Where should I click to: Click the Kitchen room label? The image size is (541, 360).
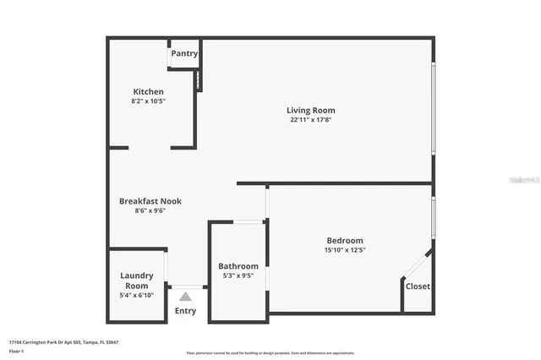tap(148, 91)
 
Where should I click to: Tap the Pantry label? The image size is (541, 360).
tap(184, 54)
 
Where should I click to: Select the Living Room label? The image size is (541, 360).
tap(311, 110)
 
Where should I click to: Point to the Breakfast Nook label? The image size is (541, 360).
tap(150, 201)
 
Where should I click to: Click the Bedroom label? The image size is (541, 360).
tap(344, 240)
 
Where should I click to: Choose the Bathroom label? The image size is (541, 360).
tap(238, 266)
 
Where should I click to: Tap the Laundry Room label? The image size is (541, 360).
tap(137, 281)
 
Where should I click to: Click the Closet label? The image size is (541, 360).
tap(418, 286)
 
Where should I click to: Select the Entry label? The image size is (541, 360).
tap(185, 311)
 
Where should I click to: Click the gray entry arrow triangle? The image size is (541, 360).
tap(185, 296)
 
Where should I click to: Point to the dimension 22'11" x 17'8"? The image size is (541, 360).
tap(311, 120)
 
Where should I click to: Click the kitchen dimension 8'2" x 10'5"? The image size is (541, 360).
tap(148, 101)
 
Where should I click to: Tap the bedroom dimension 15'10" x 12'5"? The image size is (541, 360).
tap(344, 250)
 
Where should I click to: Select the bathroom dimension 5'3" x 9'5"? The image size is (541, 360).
tap(238, 276)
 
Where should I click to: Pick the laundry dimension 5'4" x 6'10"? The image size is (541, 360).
tap(137, 296)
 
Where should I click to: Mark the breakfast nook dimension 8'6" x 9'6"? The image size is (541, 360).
tap(150, 211)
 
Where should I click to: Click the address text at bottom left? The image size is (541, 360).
tap(63, 342)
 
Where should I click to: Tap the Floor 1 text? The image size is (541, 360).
tap(17, 351)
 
